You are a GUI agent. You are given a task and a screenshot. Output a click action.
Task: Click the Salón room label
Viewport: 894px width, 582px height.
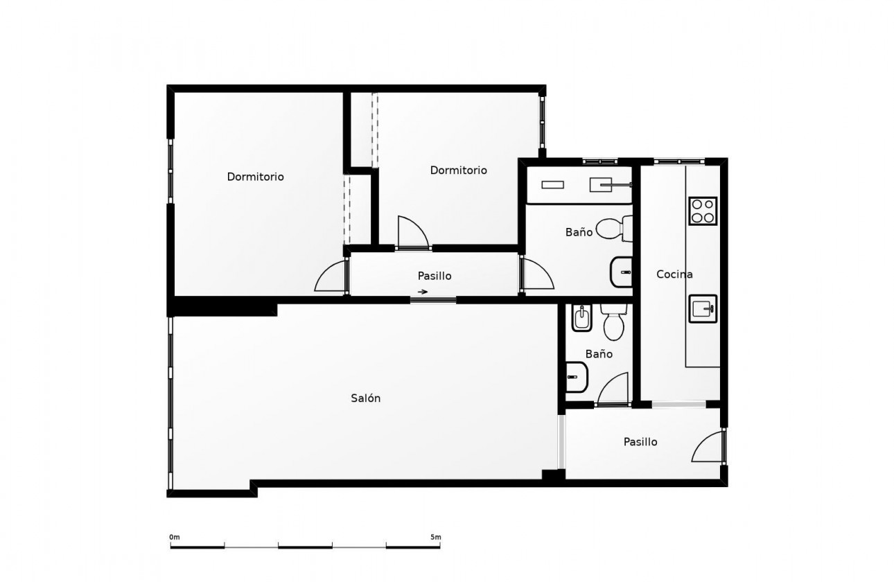(x=365, y=398)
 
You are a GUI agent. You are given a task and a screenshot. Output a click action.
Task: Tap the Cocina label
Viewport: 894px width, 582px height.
(x=674, y=274)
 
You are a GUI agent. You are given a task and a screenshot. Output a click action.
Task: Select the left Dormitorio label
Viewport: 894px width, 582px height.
(x=255, y=177)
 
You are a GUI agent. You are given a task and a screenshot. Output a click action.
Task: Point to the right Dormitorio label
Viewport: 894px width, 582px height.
(x=458, y=170)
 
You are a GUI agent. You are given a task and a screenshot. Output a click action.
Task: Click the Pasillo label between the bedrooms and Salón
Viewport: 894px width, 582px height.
(x=435, y=276)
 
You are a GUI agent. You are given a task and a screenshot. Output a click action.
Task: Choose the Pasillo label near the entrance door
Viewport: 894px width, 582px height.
(x=640, y=441)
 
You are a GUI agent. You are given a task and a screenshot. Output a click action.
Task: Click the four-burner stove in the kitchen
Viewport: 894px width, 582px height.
(x=703, y=211)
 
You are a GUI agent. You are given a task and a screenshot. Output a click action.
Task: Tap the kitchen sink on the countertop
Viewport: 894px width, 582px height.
(x=703, y=309)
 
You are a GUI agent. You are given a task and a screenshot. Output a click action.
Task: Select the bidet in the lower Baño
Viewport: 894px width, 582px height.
(x=581, y=318)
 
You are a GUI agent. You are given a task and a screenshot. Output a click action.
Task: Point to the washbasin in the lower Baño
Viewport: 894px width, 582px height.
(x=577, y=377)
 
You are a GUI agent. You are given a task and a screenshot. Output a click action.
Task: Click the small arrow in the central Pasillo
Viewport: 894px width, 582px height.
(x=423, y=291)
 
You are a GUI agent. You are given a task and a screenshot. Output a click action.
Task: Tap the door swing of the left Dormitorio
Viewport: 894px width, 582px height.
(x=331, y=278)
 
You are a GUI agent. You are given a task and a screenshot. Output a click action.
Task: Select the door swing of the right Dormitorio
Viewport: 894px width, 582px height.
(x=412, y=231)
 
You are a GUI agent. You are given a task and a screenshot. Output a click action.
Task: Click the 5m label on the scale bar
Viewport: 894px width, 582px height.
(x=435, y=537)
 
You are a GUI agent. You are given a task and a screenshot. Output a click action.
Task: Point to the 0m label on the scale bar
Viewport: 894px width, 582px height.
(x=175, y=537)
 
